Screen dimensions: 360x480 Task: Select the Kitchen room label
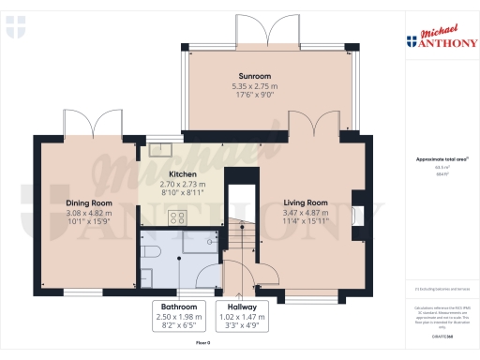coord(181,174)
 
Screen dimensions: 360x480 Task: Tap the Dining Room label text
coord(89,202)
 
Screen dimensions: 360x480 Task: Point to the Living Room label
coord(305,202)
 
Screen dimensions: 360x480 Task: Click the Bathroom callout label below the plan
coord(178,307)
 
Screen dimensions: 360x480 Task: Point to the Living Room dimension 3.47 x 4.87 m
coord(305,213)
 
